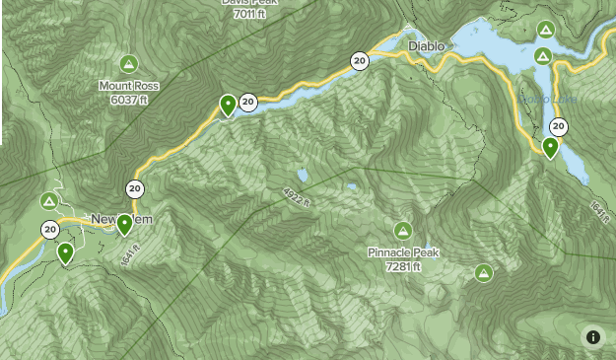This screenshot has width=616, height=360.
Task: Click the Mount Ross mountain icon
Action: point(127,65)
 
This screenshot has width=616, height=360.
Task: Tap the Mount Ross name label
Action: point(128,86)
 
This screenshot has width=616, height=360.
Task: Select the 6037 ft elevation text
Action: point(128,100)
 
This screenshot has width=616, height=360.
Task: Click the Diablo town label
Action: point(427,46)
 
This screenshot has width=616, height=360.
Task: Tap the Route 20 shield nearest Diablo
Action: point(359,61)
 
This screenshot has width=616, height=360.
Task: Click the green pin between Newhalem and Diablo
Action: point(229,105)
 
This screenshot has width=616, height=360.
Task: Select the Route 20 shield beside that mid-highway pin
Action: point(248,101)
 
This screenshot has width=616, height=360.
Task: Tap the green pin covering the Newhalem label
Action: point(124,225)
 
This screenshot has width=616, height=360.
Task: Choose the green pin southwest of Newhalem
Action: point(65,253)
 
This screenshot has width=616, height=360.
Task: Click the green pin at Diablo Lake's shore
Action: point(550,148)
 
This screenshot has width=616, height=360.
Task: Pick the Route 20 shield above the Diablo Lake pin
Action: point(559,126)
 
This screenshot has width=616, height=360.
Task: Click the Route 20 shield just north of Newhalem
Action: point(135,189)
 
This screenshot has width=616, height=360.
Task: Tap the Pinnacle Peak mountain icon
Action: point(402,231)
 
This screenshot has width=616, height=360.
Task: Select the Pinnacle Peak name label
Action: point(402,252)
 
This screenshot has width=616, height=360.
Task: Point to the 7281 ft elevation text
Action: point(403,266)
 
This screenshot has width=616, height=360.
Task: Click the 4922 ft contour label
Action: point(297,196)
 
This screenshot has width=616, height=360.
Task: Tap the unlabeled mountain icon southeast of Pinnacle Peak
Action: point(483,272)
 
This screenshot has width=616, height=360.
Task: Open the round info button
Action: point(593,337)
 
